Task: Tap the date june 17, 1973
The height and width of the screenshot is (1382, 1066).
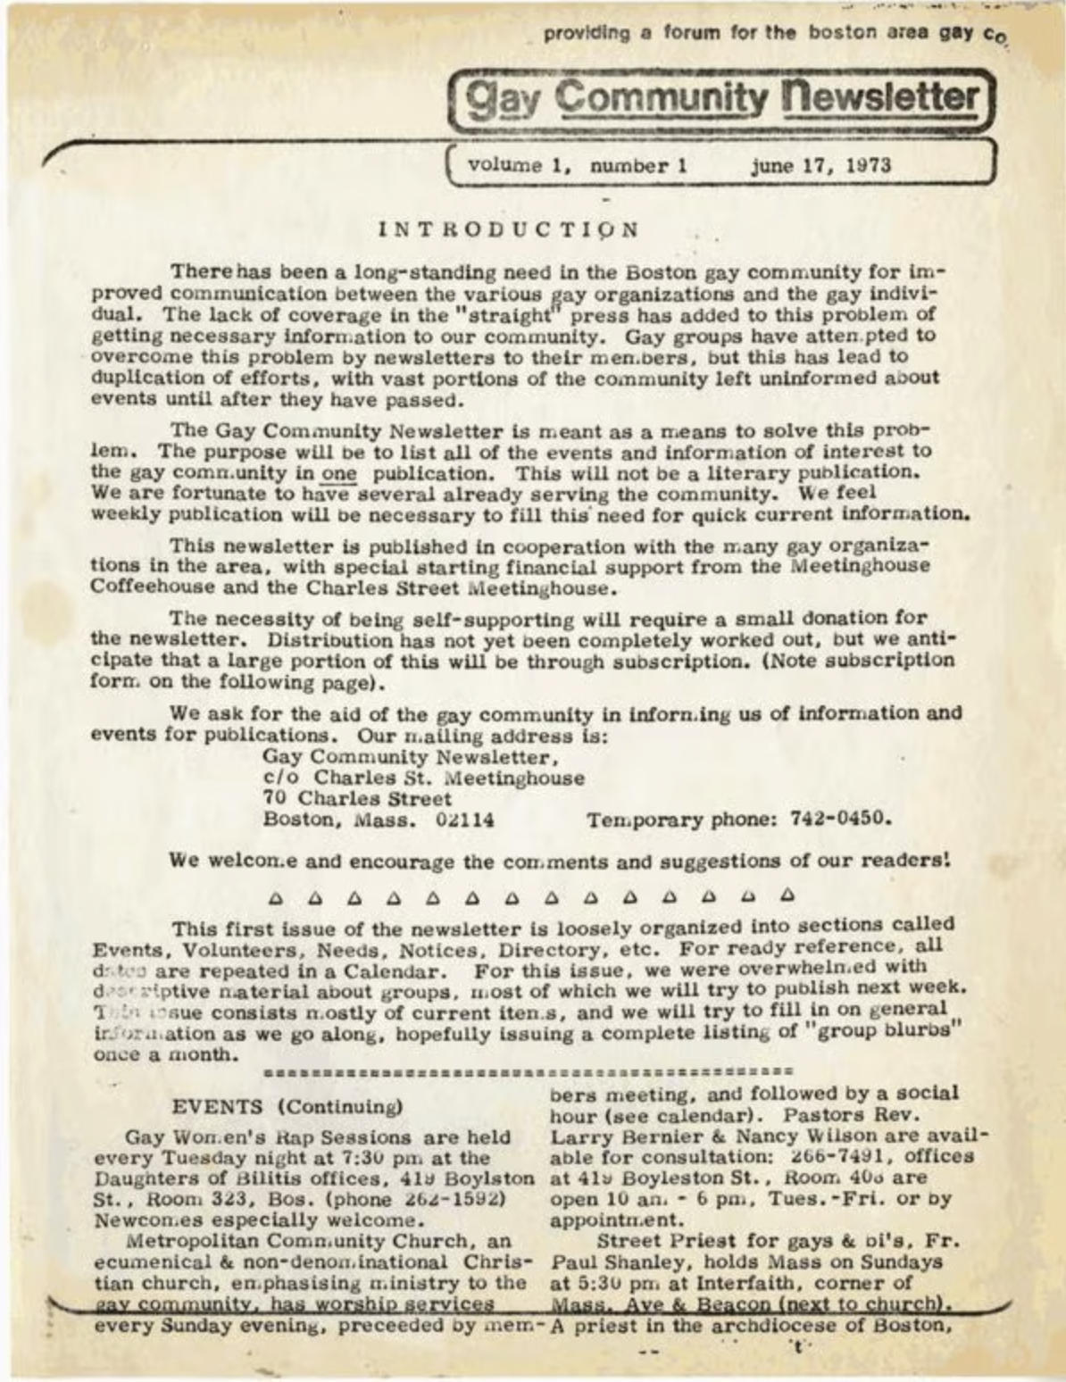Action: coord(820,165)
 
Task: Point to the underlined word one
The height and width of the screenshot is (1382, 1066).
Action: coord(338,473)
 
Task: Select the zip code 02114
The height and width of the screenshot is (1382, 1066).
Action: coord(464,820)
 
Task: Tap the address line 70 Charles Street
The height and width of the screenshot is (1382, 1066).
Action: coord(357,798)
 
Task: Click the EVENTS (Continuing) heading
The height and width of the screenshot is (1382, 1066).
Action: coord(287,1107)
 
